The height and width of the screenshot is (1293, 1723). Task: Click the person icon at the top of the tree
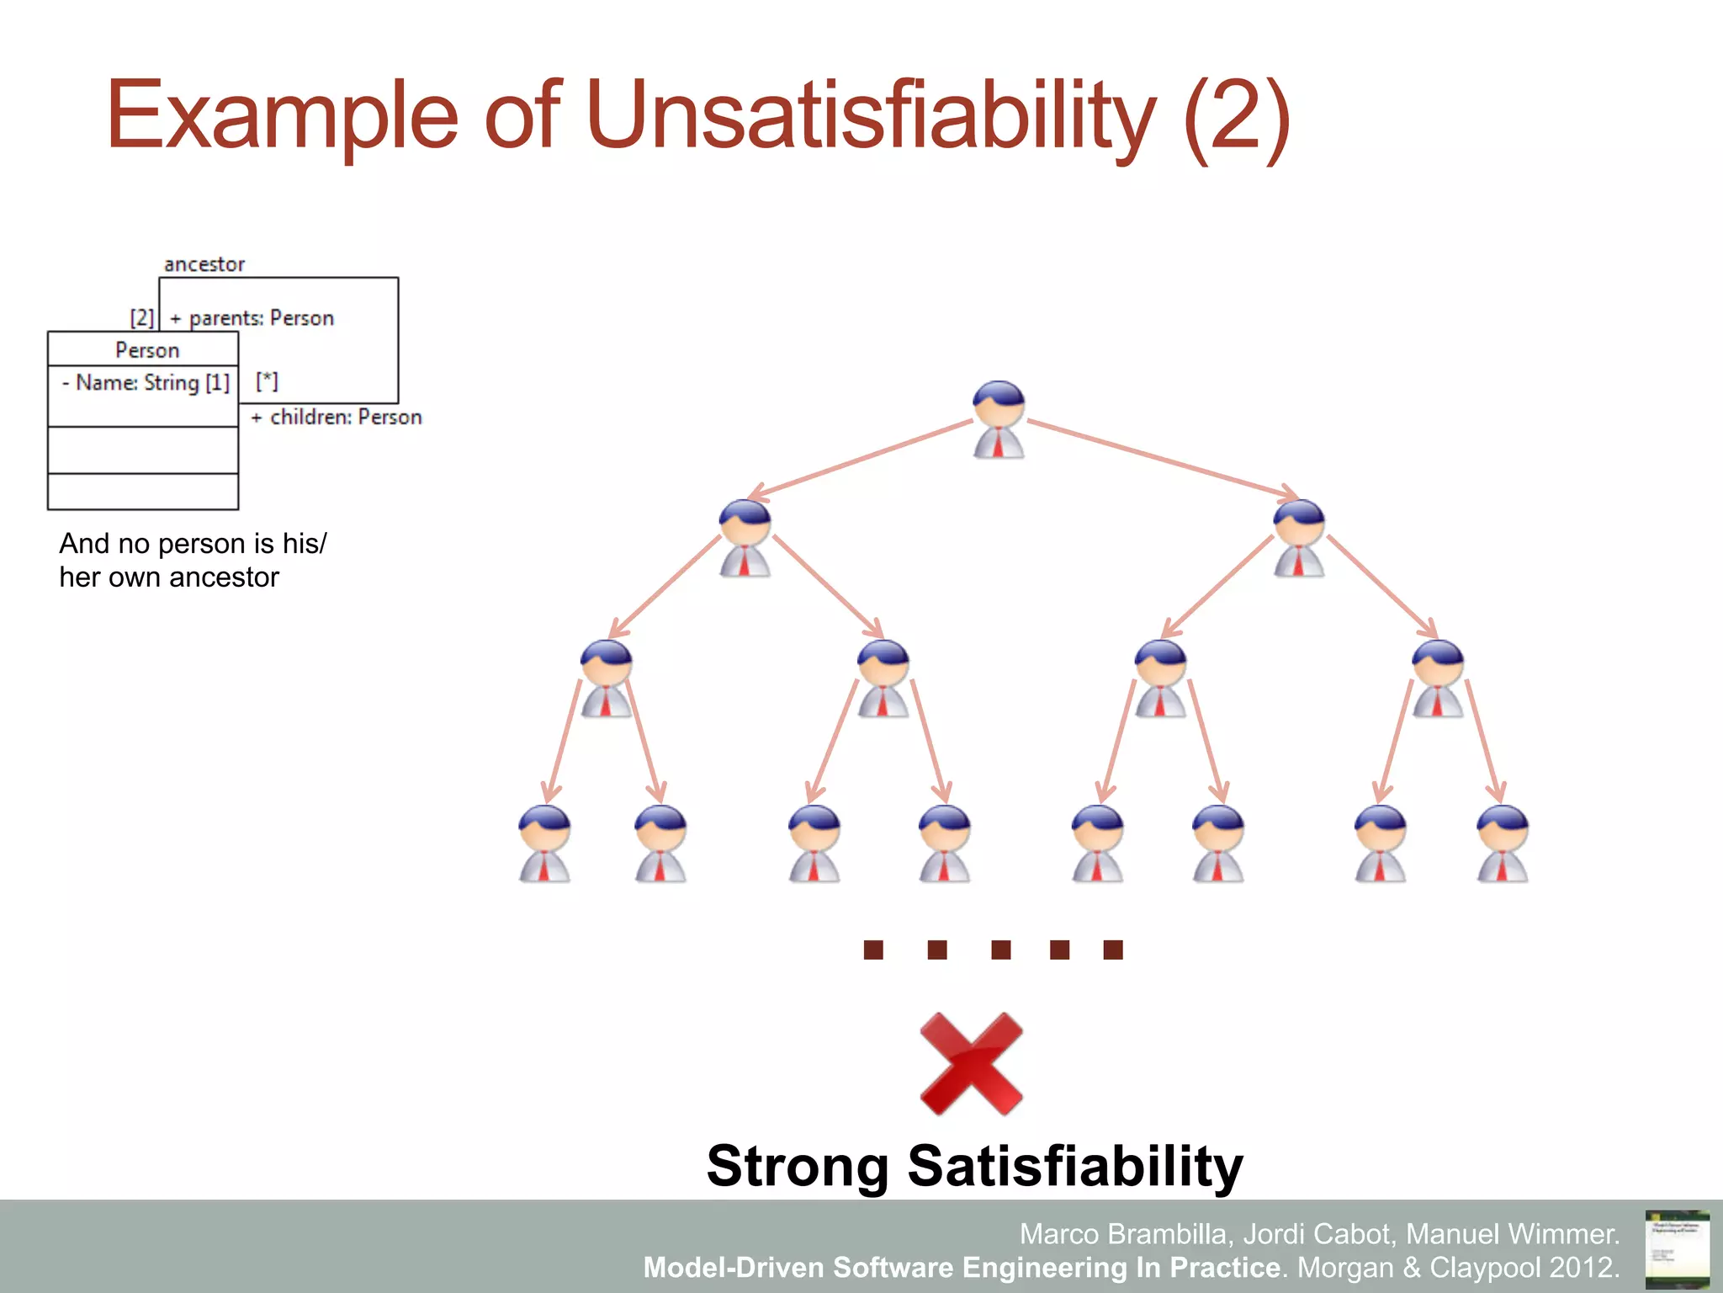point(999,419)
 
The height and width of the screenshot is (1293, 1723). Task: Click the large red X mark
point(971,1064)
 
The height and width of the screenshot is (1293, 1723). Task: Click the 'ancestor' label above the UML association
point(204,264)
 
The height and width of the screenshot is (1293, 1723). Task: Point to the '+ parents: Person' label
point(252,318)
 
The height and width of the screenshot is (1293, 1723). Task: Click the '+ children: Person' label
point(337,417)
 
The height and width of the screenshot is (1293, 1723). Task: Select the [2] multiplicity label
point(142,317)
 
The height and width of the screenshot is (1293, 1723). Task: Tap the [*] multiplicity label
point(267,381)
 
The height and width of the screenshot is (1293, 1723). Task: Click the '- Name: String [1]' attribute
point(146,383)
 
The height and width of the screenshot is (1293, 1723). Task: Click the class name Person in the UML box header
point(147,350)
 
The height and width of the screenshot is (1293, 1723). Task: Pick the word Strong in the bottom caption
point(798,1166)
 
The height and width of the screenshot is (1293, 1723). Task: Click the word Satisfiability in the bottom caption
point(1075,1166)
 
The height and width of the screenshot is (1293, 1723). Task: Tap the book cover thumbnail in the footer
point(1677,1249)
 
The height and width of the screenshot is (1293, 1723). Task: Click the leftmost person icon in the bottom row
point(544,843)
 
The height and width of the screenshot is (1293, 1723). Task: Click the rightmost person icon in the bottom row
point(1503,843)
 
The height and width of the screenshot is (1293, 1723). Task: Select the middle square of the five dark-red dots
point(1000,950)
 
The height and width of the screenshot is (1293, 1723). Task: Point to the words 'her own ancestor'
point(169,577)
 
